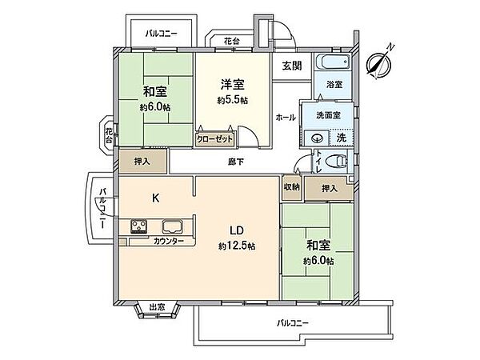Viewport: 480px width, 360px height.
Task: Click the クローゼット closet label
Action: [214, 138]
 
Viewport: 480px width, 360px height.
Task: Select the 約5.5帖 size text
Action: [232, 101]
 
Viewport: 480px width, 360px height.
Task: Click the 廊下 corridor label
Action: [232, 162]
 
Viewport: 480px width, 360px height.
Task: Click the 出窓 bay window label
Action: [157, 306]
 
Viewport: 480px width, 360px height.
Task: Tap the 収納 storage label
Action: [291, 186]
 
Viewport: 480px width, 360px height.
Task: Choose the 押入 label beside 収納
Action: [329, 189]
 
